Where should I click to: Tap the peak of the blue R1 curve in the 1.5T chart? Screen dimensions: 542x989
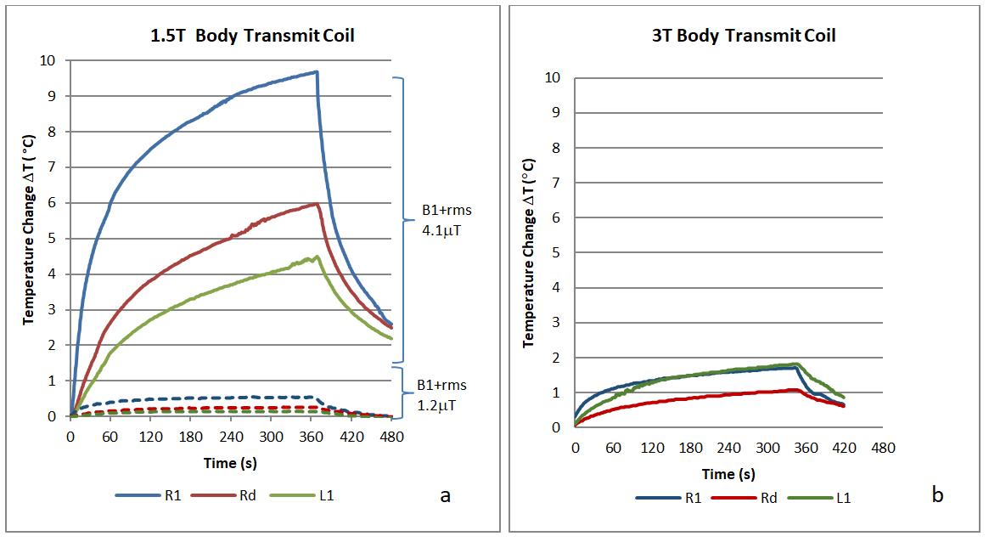(x=316, y=72)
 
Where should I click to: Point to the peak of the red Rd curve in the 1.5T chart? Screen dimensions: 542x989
(x=317, y=204)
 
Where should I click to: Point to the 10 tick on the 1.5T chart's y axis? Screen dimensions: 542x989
(x=48, y=60)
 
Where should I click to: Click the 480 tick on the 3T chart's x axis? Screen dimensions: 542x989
(x=883, y=448)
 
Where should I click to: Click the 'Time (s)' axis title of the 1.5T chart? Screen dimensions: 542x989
(x=230, y=463)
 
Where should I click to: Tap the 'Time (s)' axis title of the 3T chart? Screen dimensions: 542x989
(x=728, y=473)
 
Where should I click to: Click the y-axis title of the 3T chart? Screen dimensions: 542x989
(x=529, y=252)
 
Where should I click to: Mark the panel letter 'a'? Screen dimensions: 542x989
(x=445, y=496)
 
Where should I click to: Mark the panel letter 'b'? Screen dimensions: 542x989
(x=937, y=495)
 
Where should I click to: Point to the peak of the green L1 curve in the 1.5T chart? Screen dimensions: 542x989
(x=317, y=257)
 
